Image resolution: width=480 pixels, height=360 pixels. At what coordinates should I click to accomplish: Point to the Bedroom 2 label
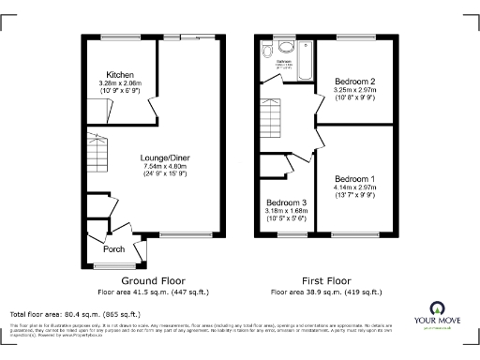coord(354,82)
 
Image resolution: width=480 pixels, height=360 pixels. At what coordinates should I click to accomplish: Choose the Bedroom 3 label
coord(285,202)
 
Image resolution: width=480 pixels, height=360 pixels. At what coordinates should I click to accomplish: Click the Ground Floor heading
coord(153,280)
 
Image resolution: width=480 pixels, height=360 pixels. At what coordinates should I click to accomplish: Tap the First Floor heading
coord(325,280)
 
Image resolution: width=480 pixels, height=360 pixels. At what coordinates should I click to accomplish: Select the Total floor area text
coord(75,314)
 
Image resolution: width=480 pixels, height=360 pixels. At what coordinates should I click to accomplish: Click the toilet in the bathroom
coord(268,50)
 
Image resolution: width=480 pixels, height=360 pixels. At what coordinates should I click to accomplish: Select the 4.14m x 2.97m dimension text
coord(354,187)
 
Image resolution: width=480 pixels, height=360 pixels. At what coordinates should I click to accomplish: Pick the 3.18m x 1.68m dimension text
coord(285,211)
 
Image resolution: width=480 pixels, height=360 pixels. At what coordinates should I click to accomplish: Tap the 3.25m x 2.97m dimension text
coord(354,90)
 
